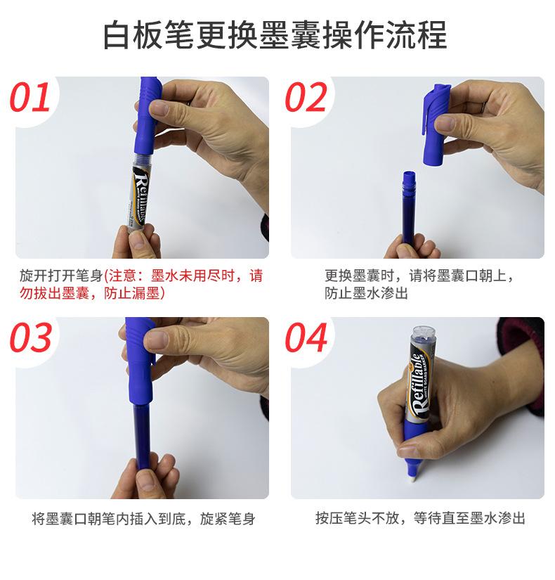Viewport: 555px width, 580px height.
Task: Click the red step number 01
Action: coord(30,97)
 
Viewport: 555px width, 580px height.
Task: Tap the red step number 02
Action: coord(306,97)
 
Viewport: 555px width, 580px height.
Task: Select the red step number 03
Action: coord(30,337)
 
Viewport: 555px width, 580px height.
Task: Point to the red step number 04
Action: coord(306,337)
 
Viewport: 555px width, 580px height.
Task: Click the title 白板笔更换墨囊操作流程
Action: coord(275,34)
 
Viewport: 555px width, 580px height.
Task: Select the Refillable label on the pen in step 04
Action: coord(420,385)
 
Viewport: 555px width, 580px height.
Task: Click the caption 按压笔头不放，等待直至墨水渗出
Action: coord(420,518)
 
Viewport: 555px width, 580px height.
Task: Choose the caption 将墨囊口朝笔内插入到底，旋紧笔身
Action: coord(143,519)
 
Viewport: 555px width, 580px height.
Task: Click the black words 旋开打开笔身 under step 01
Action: coord(61,276)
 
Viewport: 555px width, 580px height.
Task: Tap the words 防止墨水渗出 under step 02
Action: coord(366,293)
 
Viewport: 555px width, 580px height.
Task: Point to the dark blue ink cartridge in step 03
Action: coord(142,437)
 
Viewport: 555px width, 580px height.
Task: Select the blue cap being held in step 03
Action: coord(139,361)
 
